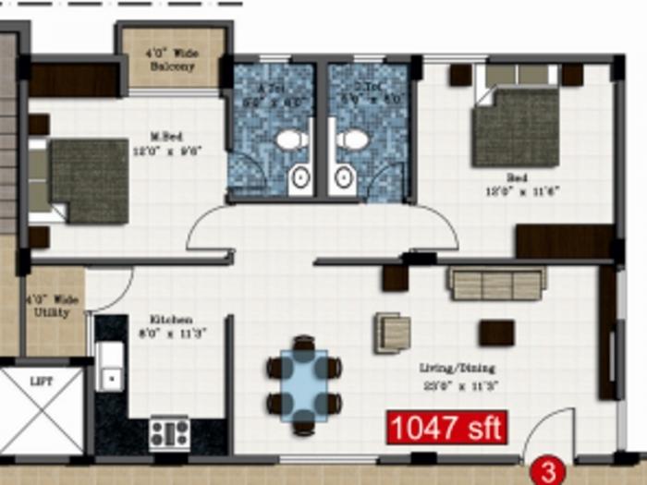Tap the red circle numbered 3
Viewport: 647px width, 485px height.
tap(548, 473)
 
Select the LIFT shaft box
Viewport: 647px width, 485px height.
tap(42, 411)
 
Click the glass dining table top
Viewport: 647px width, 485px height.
tap(304, 383)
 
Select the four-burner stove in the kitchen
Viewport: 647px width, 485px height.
tap(169, 432)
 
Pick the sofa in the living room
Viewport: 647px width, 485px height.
tap(496, 284)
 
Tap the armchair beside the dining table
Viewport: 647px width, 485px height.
tap(392, 333)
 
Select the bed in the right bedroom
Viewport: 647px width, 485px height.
tap(515, 127)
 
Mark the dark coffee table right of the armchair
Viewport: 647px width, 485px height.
tap(496, 333)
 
